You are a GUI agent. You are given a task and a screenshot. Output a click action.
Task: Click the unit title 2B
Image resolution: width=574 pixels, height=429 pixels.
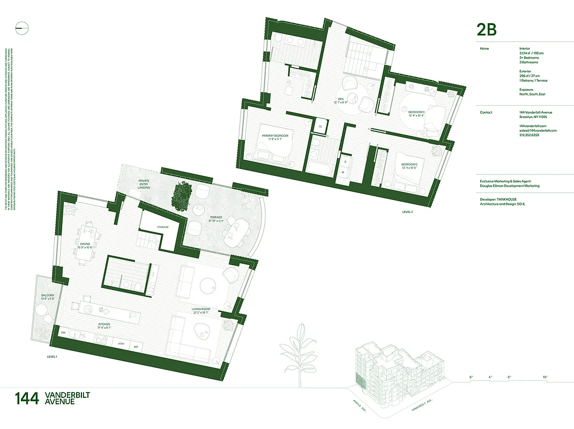coord(487,29)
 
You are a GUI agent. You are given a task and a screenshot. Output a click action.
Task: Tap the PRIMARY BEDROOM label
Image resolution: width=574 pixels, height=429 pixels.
coord(275,136)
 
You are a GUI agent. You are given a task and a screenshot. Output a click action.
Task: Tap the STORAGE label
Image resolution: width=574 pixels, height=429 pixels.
coord(162,227)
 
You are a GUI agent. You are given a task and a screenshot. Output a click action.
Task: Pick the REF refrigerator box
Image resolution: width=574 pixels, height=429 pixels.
coord(136,347)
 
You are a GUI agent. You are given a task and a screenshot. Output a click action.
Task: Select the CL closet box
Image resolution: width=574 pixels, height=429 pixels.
coord(320,127)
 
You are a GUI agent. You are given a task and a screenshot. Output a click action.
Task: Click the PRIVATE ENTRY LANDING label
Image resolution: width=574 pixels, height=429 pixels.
coord(144,184)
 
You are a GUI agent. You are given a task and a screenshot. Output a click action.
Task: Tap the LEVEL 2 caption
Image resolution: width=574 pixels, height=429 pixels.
coord(408,212)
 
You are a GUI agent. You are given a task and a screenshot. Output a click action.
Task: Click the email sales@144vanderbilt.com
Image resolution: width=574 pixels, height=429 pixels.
coord(538,130)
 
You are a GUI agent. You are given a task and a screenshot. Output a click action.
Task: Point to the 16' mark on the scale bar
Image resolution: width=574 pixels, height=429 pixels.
coord(545,378)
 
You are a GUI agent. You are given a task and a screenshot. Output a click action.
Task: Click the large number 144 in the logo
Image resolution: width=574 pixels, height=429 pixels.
coord(27,398)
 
